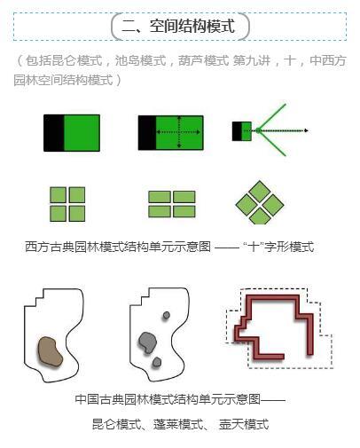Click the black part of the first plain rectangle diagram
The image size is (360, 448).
(53, 132)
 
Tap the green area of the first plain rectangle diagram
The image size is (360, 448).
(82, 132)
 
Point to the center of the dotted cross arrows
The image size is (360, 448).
(179, 132)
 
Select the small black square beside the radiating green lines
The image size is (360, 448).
(237, 131)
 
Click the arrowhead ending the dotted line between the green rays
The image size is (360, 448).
(306, 131)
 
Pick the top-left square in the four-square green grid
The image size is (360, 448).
(59, 195)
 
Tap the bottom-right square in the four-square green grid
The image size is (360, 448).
(76, 213)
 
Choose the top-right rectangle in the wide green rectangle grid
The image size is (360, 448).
(184, 197)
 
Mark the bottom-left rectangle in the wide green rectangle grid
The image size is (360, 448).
(160, 211)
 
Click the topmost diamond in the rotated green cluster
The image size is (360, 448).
(259, 191)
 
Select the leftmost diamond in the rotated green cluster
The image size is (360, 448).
(247, 204)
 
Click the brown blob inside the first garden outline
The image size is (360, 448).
(51, 351)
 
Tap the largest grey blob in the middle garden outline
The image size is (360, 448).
(148, 341)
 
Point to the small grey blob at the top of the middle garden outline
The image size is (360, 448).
(166, 315)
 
